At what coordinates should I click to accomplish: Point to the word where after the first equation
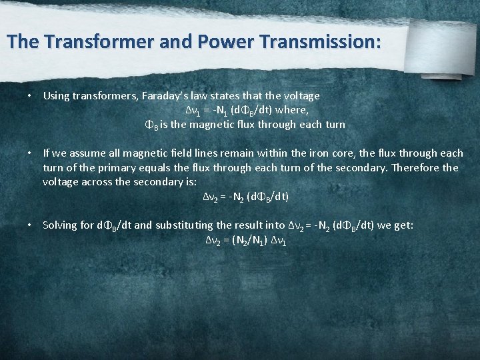pos(293,110)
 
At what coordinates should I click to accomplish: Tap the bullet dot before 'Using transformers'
pos(30,96)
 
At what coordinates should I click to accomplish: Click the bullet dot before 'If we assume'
pos(30,153)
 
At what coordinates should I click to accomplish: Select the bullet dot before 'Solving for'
pos(30,225)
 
